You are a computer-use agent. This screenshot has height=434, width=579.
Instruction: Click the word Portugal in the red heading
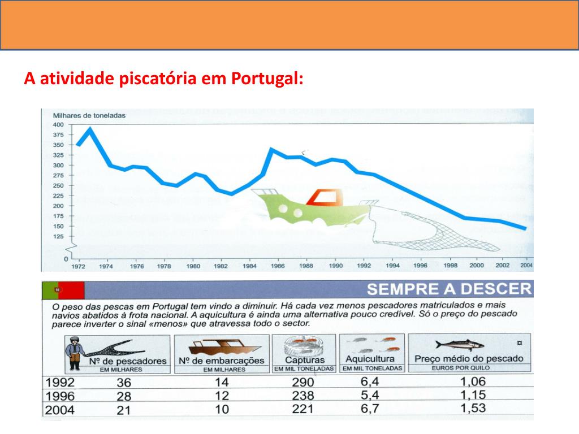(x=267, y=78)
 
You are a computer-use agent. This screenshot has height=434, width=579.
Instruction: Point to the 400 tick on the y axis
(x=58, y=124)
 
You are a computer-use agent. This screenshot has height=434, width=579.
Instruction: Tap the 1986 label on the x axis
(x=277, y=265)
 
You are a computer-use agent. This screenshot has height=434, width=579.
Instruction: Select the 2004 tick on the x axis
(x=526, y=265)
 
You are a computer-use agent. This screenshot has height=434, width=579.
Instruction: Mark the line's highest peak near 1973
(x=90, y=129)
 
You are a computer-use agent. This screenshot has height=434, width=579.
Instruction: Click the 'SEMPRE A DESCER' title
(x=449, y=289)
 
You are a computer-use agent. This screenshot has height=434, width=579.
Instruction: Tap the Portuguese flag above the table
(x=63, y=290)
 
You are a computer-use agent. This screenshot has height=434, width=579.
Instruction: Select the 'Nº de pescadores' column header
(x=127, y=361)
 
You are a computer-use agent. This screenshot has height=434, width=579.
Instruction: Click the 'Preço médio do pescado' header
(x=469, y=358)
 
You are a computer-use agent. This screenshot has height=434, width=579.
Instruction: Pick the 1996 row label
(x=60, y=396)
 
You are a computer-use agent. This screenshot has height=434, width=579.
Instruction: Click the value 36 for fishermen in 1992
(x=123, y=383)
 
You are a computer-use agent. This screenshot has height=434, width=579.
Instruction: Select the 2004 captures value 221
(x=303, y=409)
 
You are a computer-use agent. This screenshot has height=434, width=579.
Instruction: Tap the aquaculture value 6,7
(x=370, y=408)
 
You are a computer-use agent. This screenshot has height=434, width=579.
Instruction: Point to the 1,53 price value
(x=473, y=407)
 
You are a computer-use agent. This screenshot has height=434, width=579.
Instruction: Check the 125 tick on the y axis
(x=58, y=236)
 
